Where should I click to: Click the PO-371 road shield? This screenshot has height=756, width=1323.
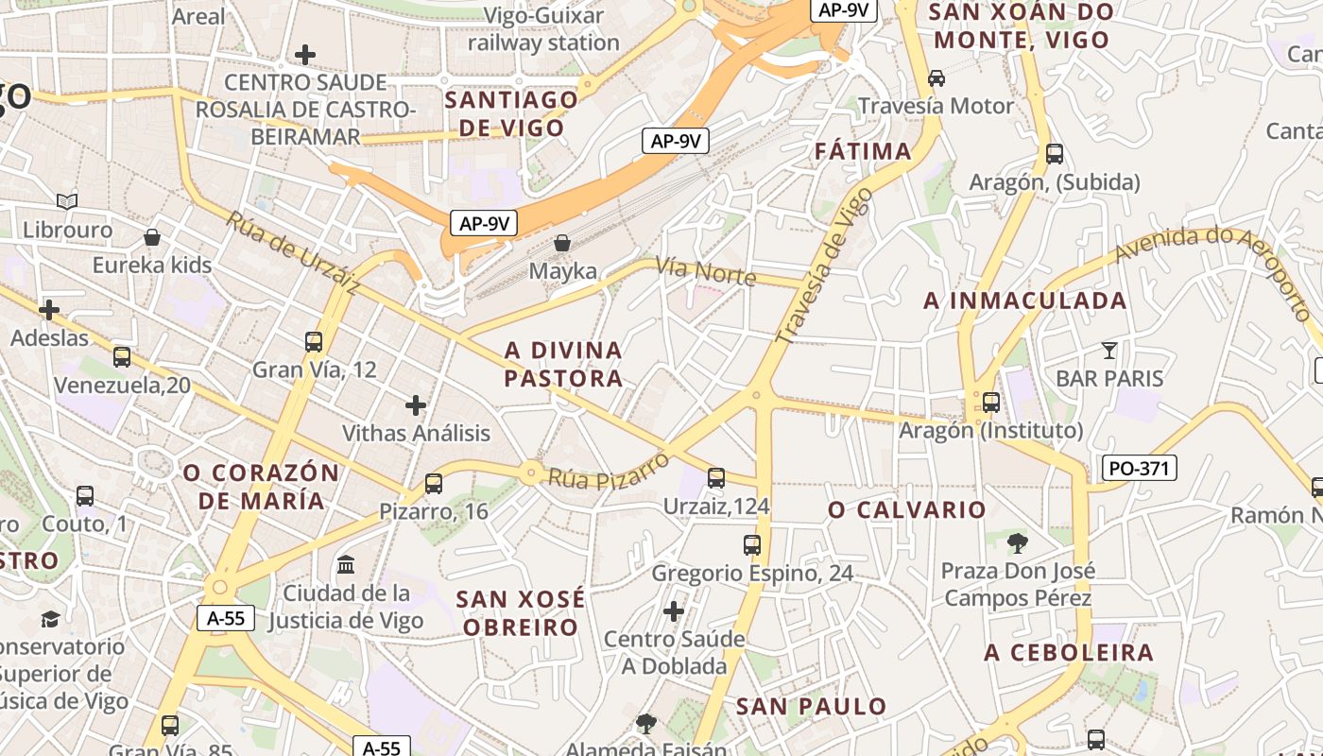(x=1139, y=467)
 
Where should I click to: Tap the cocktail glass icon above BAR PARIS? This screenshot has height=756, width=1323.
(x=1109, y=351)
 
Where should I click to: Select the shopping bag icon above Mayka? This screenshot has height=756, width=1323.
(x=562, y=243)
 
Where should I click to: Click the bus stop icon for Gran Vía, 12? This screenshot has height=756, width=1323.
(x=314, y=341)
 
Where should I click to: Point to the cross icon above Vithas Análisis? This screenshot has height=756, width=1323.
(x=416, y=405)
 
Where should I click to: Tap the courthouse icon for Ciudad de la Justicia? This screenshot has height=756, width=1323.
(x=346, y=564)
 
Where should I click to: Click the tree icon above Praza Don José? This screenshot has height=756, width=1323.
(x=1018, y=542)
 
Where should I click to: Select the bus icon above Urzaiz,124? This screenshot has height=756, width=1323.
(x=716, y=478)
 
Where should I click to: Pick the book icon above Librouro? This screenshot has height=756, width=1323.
(x=66, y=201)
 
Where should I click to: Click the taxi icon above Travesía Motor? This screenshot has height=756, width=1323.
(x=936, y=77)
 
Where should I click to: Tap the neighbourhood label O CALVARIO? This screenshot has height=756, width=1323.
(x=907, y=510)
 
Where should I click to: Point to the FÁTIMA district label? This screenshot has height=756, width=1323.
(x=864, y=151)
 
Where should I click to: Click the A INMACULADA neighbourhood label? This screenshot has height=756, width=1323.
(x=1025, y=301)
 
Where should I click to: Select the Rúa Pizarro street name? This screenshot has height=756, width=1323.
(x=609, y=472)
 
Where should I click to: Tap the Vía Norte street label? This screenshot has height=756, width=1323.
(x=706, y=271)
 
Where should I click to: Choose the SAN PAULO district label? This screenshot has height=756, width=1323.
(x=812, y=706)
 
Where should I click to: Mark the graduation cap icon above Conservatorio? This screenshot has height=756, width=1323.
(x=50, y=619)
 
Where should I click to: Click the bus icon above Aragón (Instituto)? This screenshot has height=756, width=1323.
(x=991, y=403)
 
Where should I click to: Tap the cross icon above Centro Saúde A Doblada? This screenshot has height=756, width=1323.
(x=674, y=611)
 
